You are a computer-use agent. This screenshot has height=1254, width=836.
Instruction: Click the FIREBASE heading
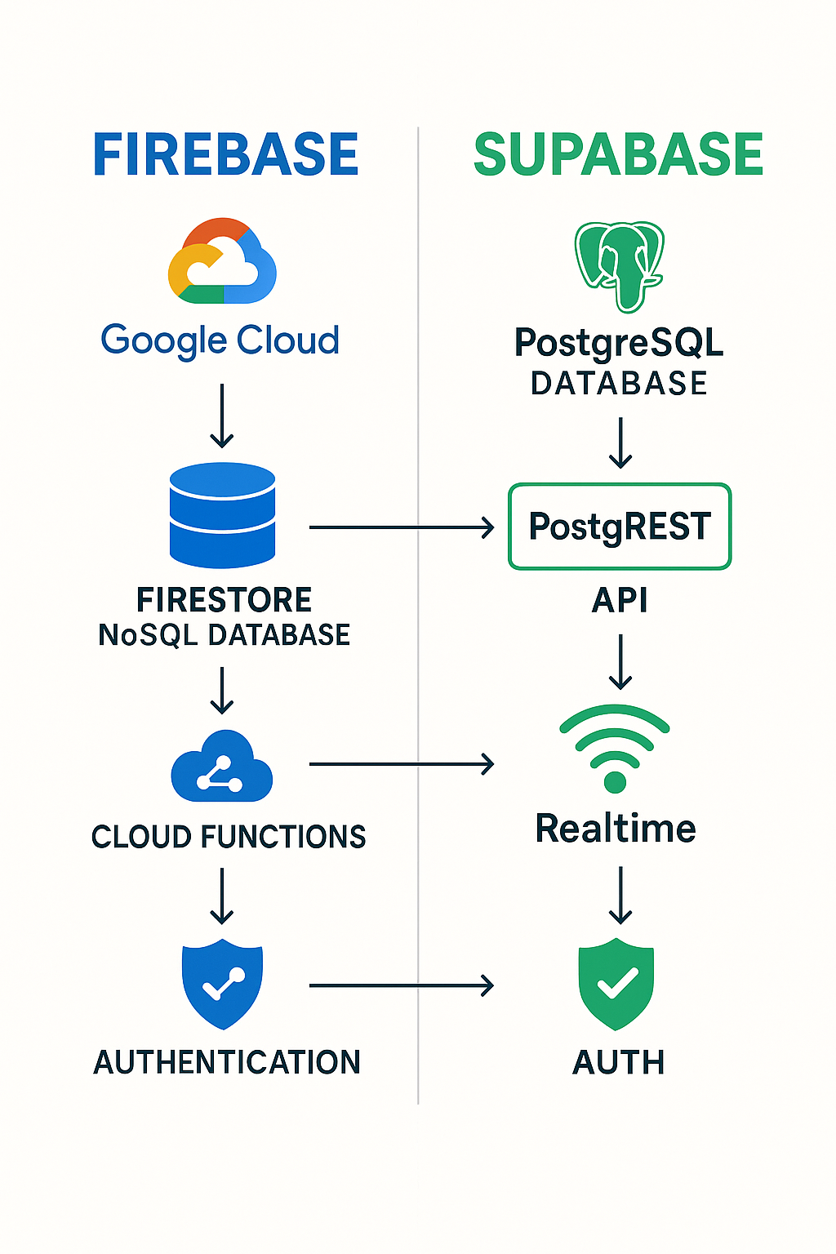click(225, 155)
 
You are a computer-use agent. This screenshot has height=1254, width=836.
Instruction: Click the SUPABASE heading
click(618, 155)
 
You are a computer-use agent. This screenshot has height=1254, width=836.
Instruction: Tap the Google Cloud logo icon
click(222, 261)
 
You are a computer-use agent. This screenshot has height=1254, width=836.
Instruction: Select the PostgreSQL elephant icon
click(620, 265)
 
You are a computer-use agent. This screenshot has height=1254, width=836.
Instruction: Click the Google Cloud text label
click(220, 340)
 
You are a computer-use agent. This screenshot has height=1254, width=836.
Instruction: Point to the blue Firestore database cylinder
click(222, 514)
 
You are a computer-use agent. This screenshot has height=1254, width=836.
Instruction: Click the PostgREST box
click(620, 527)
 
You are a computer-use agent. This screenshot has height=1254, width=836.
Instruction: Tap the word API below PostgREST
click(620, 601)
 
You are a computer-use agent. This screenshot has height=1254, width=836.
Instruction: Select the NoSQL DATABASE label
click(224, 635)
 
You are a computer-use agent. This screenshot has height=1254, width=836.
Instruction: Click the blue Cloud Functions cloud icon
click(221, 768)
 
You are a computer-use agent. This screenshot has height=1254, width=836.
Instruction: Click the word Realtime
click(616, 829)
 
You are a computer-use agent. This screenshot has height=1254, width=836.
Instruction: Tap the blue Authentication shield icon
click(222, 983)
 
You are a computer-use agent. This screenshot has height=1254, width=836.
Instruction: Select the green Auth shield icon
click(616, 983)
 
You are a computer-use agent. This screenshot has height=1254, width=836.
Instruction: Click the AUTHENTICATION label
click(227, 1062)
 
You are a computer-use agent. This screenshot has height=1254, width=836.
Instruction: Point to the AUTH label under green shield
click(619, 1062)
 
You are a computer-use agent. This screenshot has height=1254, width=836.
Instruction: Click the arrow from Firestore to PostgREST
click(401, 527)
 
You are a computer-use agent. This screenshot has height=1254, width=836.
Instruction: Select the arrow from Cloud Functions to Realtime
click(401, 764)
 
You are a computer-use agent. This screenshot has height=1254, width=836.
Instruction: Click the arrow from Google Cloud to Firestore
click(222, 416)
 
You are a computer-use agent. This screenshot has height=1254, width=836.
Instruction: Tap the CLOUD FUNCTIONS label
click(229, 837)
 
